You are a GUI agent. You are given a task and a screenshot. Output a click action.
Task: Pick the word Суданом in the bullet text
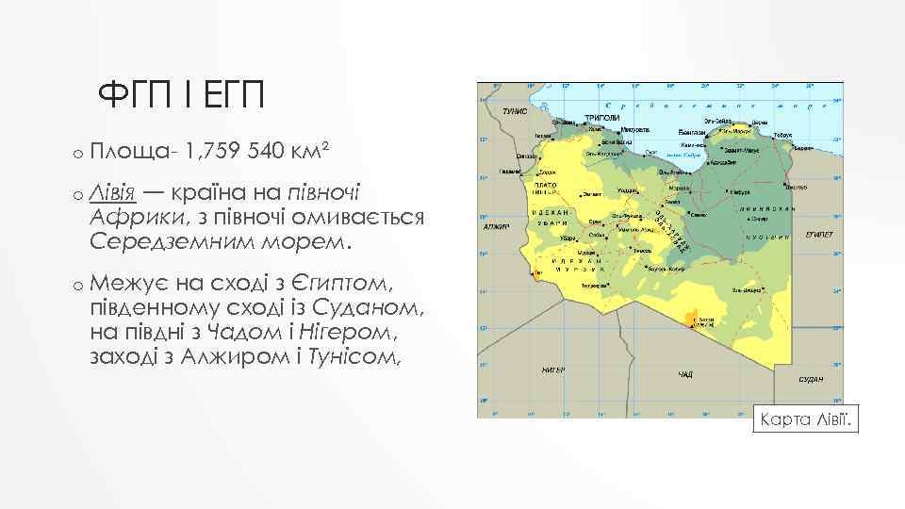click(x=357, y=307)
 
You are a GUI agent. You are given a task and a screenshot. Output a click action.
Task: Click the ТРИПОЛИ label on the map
click(x=601, y=118)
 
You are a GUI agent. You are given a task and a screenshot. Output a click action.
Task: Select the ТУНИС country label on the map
click(x=514, y=110)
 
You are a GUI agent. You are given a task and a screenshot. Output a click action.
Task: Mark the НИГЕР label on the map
click(x=552, y=369)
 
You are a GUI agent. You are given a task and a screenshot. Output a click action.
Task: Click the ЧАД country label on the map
click(x=685, y=375)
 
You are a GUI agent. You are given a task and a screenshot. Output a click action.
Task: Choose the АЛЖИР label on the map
click(x=496, y=226)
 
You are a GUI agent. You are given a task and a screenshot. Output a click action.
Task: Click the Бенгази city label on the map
click(x=691, y=133)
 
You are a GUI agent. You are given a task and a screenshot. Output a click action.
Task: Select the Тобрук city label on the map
click(x=782, y=135)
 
